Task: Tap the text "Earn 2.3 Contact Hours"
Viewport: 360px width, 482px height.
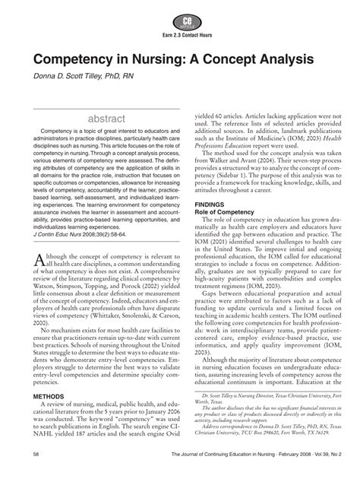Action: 180,35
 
